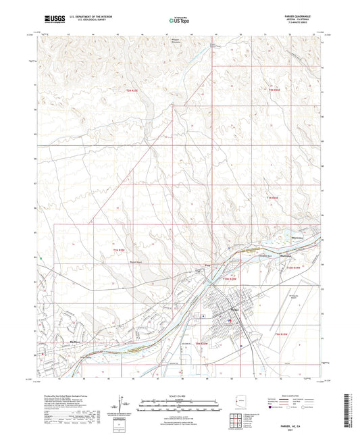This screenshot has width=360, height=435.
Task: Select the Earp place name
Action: [208, 264]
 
